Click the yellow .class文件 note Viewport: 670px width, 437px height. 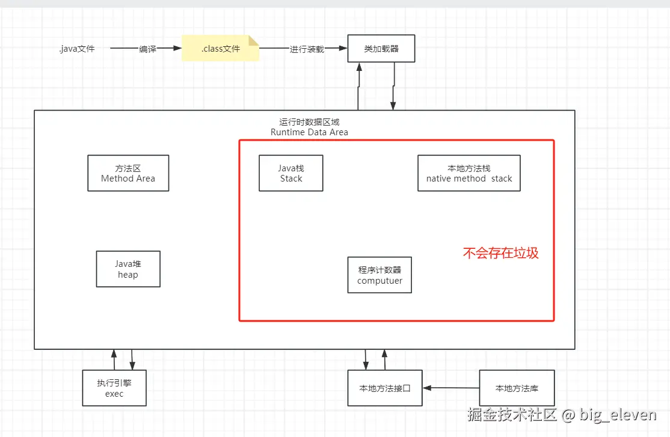point(220,49)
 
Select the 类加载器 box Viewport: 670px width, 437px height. point(381,49)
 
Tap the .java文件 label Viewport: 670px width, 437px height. point(77,49)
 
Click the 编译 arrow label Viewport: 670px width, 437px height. point(147,49)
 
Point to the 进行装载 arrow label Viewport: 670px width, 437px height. point(307,49)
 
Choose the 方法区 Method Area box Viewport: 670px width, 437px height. point(128,173)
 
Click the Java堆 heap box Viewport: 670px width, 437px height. point(128,269)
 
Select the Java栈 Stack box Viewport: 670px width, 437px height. point(291,173)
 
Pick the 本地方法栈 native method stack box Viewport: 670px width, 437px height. point(469,173)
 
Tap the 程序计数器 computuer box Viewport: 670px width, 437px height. point(380,275)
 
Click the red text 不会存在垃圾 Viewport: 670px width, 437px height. point(500,253)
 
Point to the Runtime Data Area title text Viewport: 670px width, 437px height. point(309,132)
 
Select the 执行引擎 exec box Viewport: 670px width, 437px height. point(114,388)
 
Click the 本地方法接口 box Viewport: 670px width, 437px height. point(385,388)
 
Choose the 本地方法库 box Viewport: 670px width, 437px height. point(517,388)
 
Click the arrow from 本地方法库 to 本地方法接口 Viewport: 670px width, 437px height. point(450,388)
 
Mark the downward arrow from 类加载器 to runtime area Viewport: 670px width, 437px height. point(393,87)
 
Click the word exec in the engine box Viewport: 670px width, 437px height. point(114,394)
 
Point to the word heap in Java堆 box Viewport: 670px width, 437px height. point(128,275)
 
